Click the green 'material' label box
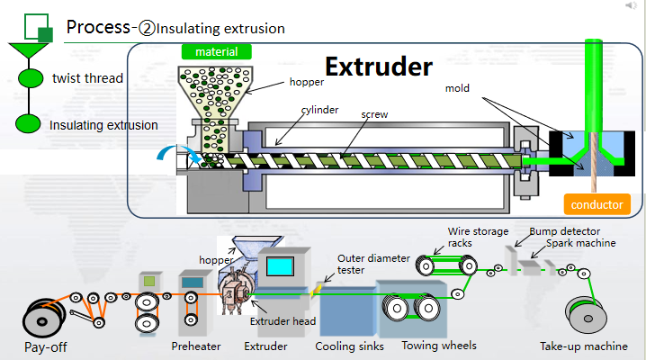coord(216,52)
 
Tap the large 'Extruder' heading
coord(379,67)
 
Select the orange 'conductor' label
coord(597,204)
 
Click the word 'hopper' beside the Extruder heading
coord(306,82)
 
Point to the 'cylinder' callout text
coord(320,110)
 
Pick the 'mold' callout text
coord(459,89)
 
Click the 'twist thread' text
coord(87,78)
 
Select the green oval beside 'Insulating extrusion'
coord(29,124)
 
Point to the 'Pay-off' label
coord(45,346)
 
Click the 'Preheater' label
coord(196,346)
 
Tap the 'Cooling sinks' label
coord(349,346)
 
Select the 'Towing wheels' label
coord(438,345)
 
